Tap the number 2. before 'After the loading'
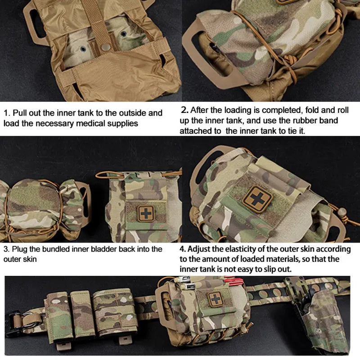184,110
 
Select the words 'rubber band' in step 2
316,121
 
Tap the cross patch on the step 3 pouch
145,212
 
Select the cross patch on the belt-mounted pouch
216,299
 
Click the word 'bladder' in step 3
114,249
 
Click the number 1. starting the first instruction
7,113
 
